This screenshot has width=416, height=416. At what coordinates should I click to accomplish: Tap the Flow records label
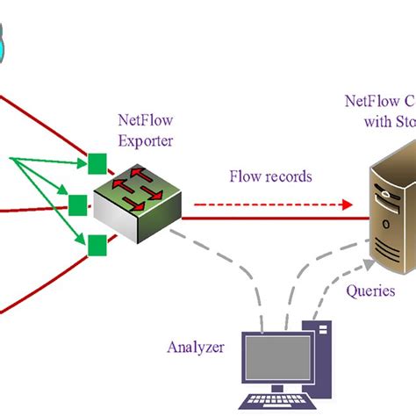pos(270,176)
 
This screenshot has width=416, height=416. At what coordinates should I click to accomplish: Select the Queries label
pos(370,290)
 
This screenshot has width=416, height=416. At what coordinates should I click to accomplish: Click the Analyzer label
pos(195,347)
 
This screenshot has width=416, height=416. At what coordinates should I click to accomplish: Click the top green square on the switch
pos(97,163)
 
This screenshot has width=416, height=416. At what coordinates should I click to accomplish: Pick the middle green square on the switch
pos(78,204)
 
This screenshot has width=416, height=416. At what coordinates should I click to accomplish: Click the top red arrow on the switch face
pos(141,172)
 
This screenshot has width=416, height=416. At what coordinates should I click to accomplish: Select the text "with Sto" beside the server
pos(389,122)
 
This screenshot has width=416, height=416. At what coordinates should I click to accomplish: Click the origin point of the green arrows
pos(12,160)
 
